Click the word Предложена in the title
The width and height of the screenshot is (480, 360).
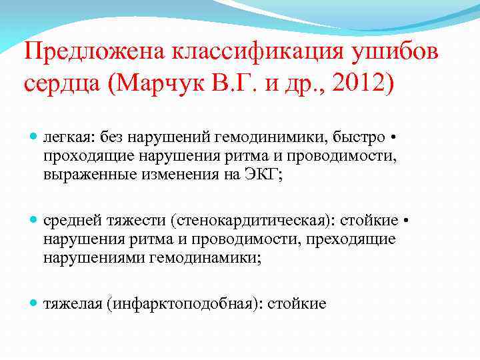[97, 51]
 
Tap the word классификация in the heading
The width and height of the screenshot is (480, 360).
[257, 51]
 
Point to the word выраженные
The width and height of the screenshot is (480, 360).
[83, 175]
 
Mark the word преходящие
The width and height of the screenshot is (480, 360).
[348, 239]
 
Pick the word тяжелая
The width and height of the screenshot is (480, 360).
[72, 303]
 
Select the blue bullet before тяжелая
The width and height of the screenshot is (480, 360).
[34, 303]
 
